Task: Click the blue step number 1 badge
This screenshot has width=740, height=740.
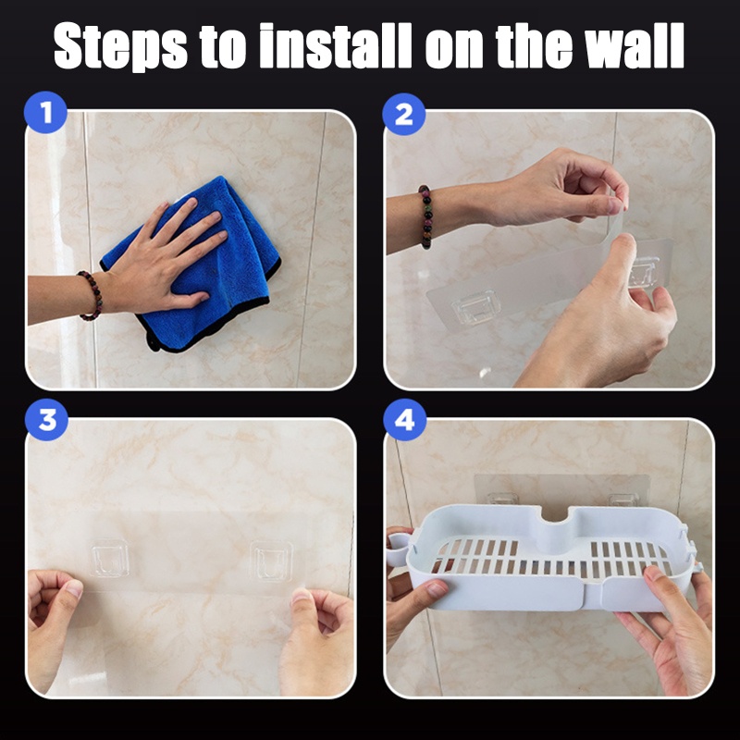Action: pyautogui.click(x=45, y=112)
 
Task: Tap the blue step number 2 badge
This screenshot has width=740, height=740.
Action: pyautogui.click(x=404, y=114)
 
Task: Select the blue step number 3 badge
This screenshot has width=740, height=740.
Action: pyautogui.click(x=46, y=419)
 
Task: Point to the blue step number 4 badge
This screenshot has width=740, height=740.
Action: pyautogui.click(x=404, y=420)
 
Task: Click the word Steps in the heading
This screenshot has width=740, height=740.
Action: pyautogui.click(x=120, y=46)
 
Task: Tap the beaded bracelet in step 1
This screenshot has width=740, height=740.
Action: pyautogui.click(x=91, y=295)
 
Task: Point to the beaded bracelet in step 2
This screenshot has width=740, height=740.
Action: pyautogui.click(x=425, y=216)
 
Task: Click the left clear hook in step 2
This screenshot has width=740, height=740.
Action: pyautogui.click(x=475, y=308)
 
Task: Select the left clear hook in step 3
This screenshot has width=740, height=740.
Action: pyautogui.click(x=109, y=559)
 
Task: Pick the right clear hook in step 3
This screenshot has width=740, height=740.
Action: pyautogui.click(x=271, y=561)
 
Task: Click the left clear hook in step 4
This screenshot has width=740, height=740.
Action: pyautogui.click(x=502, y=499)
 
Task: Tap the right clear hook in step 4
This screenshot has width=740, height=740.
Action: pyautogui.click(x=623, y=499)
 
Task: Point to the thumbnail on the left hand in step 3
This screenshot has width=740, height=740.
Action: pyautogui.click(x=73, y=588)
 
